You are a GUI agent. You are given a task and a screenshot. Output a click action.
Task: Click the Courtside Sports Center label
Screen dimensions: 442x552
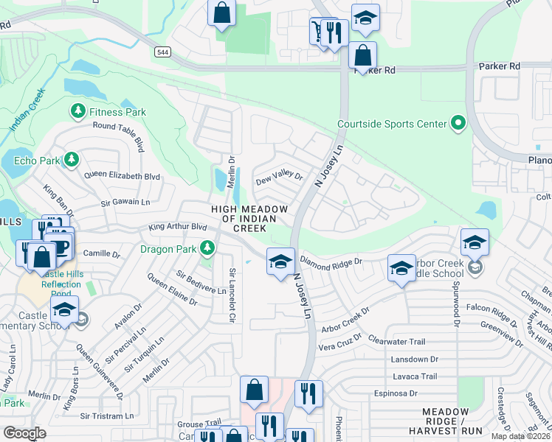click(x=391, y=124)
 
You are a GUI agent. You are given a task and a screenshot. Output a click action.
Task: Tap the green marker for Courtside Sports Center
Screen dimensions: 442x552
click(x=459, y=123)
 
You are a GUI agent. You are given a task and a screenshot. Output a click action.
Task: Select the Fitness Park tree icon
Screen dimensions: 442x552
click(x=77, y=111)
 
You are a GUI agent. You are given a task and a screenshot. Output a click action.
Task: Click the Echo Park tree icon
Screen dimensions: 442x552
click(x=71, y=159)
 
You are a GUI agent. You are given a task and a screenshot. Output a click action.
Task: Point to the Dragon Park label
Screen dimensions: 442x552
click(x=168, y=249)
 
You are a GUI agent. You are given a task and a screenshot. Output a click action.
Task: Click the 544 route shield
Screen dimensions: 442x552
click(x=162, y=52)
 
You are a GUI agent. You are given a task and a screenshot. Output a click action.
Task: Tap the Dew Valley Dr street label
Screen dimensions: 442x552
click(x=279, y=178)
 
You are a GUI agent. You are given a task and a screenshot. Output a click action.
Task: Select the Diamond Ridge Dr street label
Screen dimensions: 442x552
click(x=330, y=261)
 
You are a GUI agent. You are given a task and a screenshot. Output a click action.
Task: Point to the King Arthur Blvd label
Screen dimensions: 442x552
click(x=178, y=228)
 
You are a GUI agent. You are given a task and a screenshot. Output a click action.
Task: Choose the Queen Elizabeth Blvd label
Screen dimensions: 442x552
click(x=122, y=176)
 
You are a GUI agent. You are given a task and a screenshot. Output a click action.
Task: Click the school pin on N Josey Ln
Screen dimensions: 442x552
click(x=280, y=262)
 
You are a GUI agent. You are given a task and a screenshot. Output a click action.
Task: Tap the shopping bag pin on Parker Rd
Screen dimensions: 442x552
click(x=362, y=55)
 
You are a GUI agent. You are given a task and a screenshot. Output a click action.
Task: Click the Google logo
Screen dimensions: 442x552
click(x=25, y=432)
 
